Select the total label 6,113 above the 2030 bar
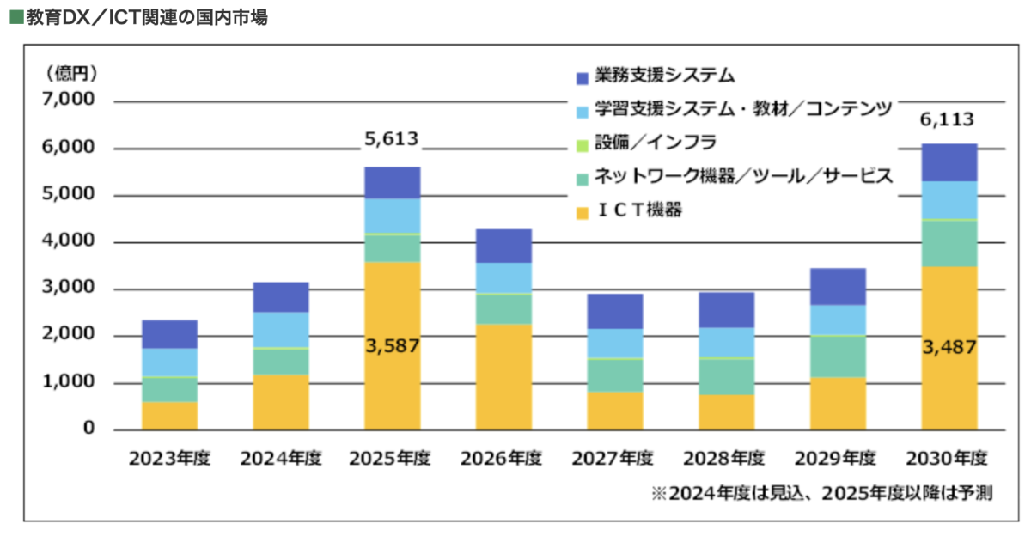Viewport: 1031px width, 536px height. [x=949, y=119]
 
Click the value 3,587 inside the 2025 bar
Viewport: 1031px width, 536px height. [x=392, y=345]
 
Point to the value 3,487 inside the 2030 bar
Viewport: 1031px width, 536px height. [x=949, y=345]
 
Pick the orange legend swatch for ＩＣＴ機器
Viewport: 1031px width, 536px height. [x=582, y=211]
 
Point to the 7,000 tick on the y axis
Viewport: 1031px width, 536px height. [x=66, y=100]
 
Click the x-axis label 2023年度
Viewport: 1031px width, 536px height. [x=169, y=458]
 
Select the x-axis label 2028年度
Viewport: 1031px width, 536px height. [x=726, y=458]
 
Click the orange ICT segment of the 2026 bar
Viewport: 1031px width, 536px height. [x=503, y=376]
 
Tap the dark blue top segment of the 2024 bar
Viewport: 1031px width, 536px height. [x=281, y=297]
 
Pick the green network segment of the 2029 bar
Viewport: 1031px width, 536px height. [x=838, y=356]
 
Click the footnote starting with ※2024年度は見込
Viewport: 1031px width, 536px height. [x=821, y=494]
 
